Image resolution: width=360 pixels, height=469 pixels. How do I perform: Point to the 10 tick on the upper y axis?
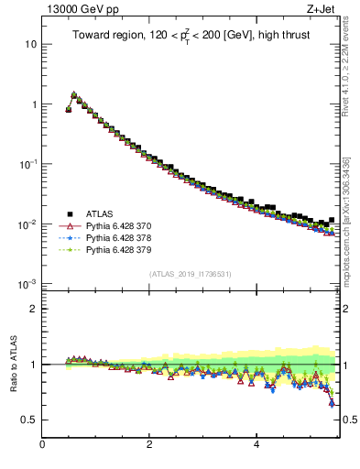[x=30, y=44]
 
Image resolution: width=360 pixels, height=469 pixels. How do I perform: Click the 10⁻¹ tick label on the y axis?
[x=28, y=164]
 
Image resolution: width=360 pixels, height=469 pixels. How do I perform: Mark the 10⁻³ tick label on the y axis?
[x=28, y=284]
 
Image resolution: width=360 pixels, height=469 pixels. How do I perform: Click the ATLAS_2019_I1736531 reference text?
[x=190, y=274]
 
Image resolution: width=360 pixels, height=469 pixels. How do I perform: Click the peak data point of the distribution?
[x=74, y=94]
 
